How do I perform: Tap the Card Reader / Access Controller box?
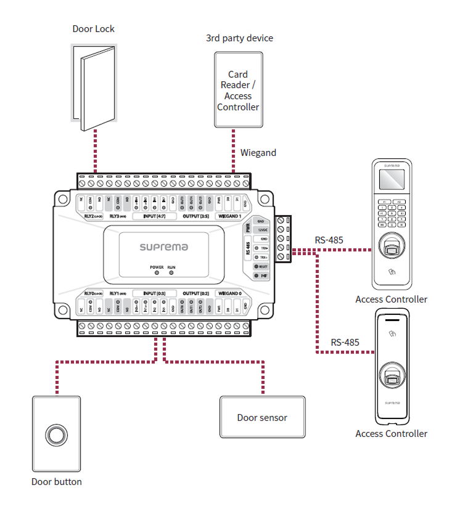(x=238, y=90)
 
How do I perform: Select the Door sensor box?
(x=262, y=418)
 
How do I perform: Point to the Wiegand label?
(x=258, y=153)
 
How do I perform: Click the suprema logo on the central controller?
(x=163, y=247)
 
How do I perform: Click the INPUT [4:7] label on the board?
(x=155, y=217)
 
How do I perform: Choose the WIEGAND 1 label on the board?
(x=229, y=217)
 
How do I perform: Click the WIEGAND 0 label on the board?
(x=229, y=293)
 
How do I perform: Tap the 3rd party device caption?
(x=239, y=38)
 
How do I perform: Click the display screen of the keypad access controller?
(x=391, y=181)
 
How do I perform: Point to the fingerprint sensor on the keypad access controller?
(x=391, y=248)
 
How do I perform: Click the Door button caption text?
(x=57, y=482)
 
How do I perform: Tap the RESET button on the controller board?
(x=262, y=267)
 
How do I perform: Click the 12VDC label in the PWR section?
(x=263, y=229)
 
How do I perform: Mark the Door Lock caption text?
(x=94, y=29)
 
